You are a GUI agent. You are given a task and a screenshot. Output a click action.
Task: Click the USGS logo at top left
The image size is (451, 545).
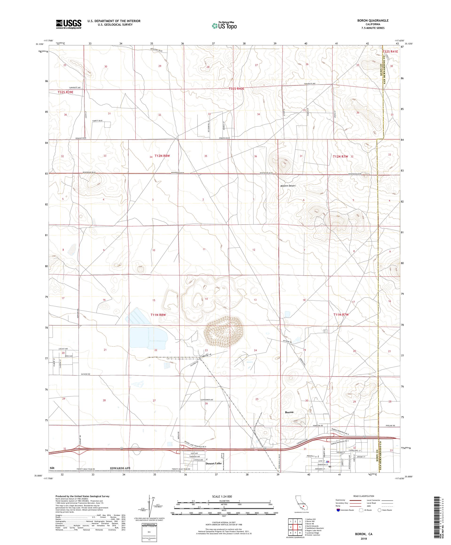tap(69, 24)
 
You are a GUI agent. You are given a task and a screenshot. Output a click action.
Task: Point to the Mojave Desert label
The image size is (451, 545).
tap(288, 186)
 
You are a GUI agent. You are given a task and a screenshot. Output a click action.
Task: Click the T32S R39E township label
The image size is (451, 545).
tap(65, 92)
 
